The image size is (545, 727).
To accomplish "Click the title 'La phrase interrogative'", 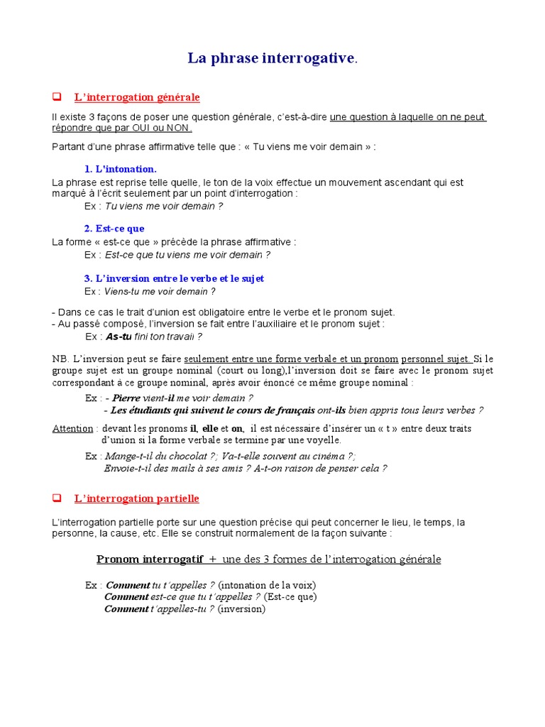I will click(272, 58).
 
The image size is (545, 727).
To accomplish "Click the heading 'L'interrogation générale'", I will click(137, 97).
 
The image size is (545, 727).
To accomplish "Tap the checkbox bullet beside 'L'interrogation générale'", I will click(57, 97).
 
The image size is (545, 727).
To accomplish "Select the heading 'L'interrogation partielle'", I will click(137, 499).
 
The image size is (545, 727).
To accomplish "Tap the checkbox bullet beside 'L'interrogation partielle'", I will click(57, 499).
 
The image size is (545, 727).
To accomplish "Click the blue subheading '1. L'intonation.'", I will click(120, 169).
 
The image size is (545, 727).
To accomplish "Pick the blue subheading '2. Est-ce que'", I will click(114, 229).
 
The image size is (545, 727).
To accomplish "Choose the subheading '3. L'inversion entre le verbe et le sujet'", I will click(174, 278).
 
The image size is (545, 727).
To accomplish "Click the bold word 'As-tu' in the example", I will click(119, 337).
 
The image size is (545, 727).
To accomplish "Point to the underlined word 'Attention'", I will click(72, 428).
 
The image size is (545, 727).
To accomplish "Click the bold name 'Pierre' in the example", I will click(126, 398).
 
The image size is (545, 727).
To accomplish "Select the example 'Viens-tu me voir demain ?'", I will click(160, 291).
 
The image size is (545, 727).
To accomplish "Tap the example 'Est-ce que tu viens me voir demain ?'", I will click(187, 254).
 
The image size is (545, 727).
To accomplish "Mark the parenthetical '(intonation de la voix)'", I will click(267, 585).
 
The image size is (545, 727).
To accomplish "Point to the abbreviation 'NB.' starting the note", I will click(60, 359).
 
